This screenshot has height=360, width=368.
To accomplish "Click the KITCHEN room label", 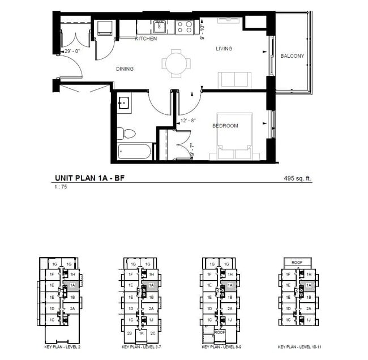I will click(146, 38).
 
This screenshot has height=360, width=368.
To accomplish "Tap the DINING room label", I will click(125, 69).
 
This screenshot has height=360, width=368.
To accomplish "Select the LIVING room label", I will click(224, 49).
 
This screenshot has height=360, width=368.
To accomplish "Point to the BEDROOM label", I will click(225, 126).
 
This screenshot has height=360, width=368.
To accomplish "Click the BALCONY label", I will click(292, 56).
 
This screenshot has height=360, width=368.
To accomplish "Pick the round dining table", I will click(175, 62).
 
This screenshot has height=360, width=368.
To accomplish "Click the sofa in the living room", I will click(235, 80).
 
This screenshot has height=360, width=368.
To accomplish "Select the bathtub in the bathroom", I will click(135, 151).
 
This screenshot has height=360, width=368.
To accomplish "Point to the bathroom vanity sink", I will click(124, 103).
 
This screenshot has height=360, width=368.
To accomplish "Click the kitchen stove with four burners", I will click(185, 27).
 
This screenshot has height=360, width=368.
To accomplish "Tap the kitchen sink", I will click(159, 26).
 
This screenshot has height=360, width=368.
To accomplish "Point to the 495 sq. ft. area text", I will click(298, 178).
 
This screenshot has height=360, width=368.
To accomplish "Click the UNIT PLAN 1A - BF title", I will click(90, 178).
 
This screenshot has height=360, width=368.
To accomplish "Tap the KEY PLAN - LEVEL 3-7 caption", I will click(141, 346).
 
